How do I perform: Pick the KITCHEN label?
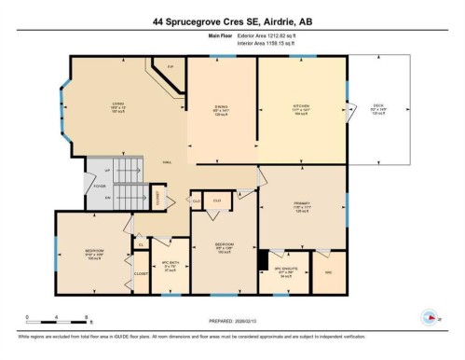(301, 106)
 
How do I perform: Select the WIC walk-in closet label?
(328, 272)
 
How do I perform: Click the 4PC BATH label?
(170, 263)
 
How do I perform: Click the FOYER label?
(99, 185)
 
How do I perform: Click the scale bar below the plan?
(56, 314)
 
